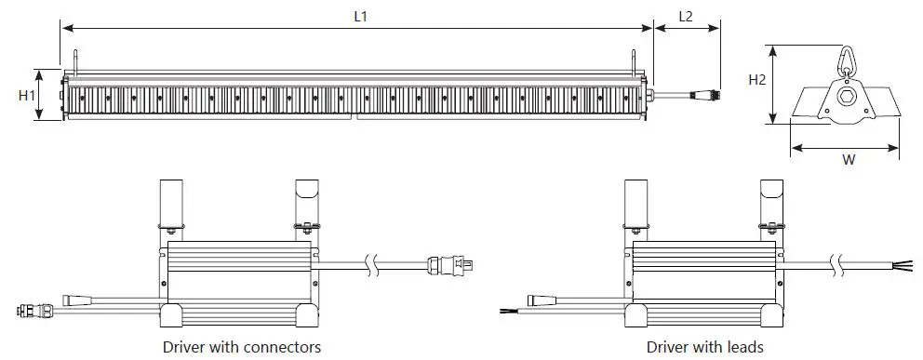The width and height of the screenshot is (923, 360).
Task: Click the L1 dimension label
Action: (360, 17)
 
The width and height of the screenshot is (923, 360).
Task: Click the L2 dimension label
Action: (686, 17)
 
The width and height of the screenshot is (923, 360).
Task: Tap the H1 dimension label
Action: (26, 95)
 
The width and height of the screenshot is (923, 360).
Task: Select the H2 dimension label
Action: (757, 80)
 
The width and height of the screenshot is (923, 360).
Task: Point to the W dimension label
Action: (849, 159)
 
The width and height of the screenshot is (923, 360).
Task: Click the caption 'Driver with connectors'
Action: (242, 347)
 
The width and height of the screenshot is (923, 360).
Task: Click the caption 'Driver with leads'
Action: (705, 347)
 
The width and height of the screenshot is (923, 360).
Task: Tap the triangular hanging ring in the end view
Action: (846, 59)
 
